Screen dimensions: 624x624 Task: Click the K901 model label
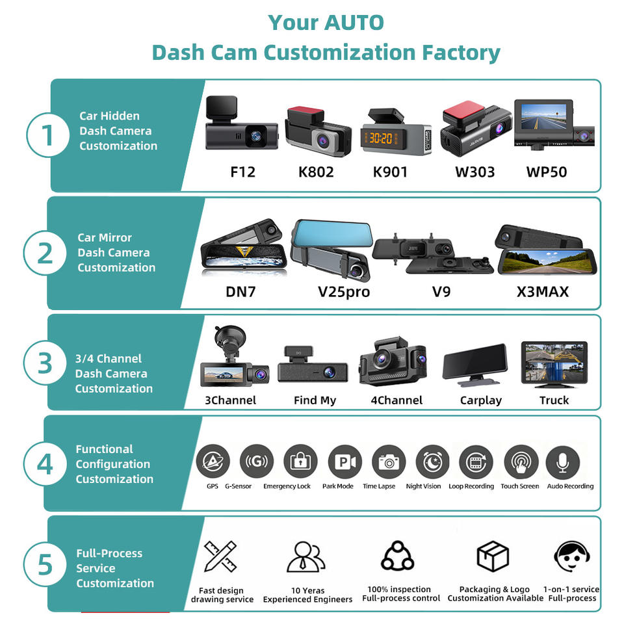pos(390,172)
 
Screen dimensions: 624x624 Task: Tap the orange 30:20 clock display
pos(381,138)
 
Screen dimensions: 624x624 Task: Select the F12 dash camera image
pos(241,123)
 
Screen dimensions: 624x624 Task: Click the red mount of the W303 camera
pos(463,114)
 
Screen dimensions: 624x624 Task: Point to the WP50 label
pos(547,172)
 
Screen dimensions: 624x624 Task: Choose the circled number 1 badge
pos(47,135)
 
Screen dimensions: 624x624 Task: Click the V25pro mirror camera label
pos(344,292)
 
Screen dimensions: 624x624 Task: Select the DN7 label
pos(240,292)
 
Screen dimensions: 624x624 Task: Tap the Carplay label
pos(481,400)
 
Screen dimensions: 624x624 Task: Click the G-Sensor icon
pos(257,461)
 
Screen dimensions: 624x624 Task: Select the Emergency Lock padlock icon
pos(300,461)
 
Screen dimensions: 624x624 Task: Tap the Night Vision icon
pos(432,461)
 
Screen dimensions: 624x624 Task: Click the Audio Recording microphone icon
pos(563,462)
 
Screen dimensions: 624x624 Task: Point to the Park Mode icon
pos(344,461)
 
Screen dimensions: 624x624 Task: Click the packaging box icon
pos(493,556)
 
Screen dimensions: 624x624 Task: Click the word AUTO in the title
pos(354,23)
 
